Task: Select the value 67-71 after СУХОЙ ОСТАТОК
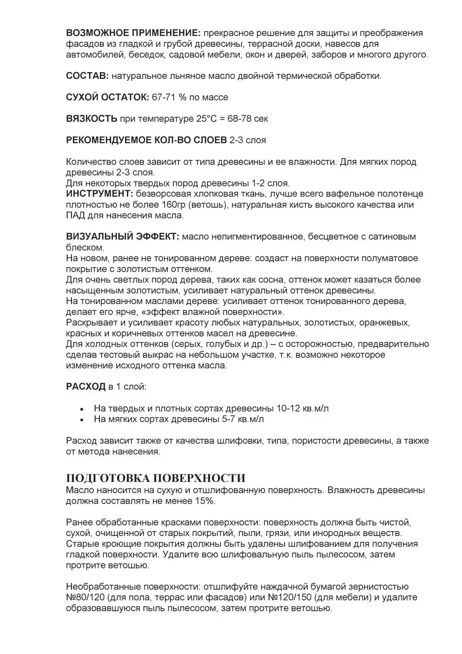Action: [x=165, y=97]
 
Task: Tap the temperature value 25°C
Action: [x=206, y=119]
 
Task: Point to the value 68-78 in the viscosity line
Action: [x=240, y=119]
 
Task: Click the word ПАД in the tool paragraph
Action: [x=75, y=215]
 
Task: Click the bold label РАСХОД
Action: [x=85, y=387]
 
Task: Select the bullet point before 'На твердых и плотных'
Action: [x=82, y=409]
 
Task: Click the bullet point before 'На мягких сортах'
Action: [x=82, y=420]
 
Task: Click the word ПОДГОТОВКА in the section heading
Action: [x=108, y=478]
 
